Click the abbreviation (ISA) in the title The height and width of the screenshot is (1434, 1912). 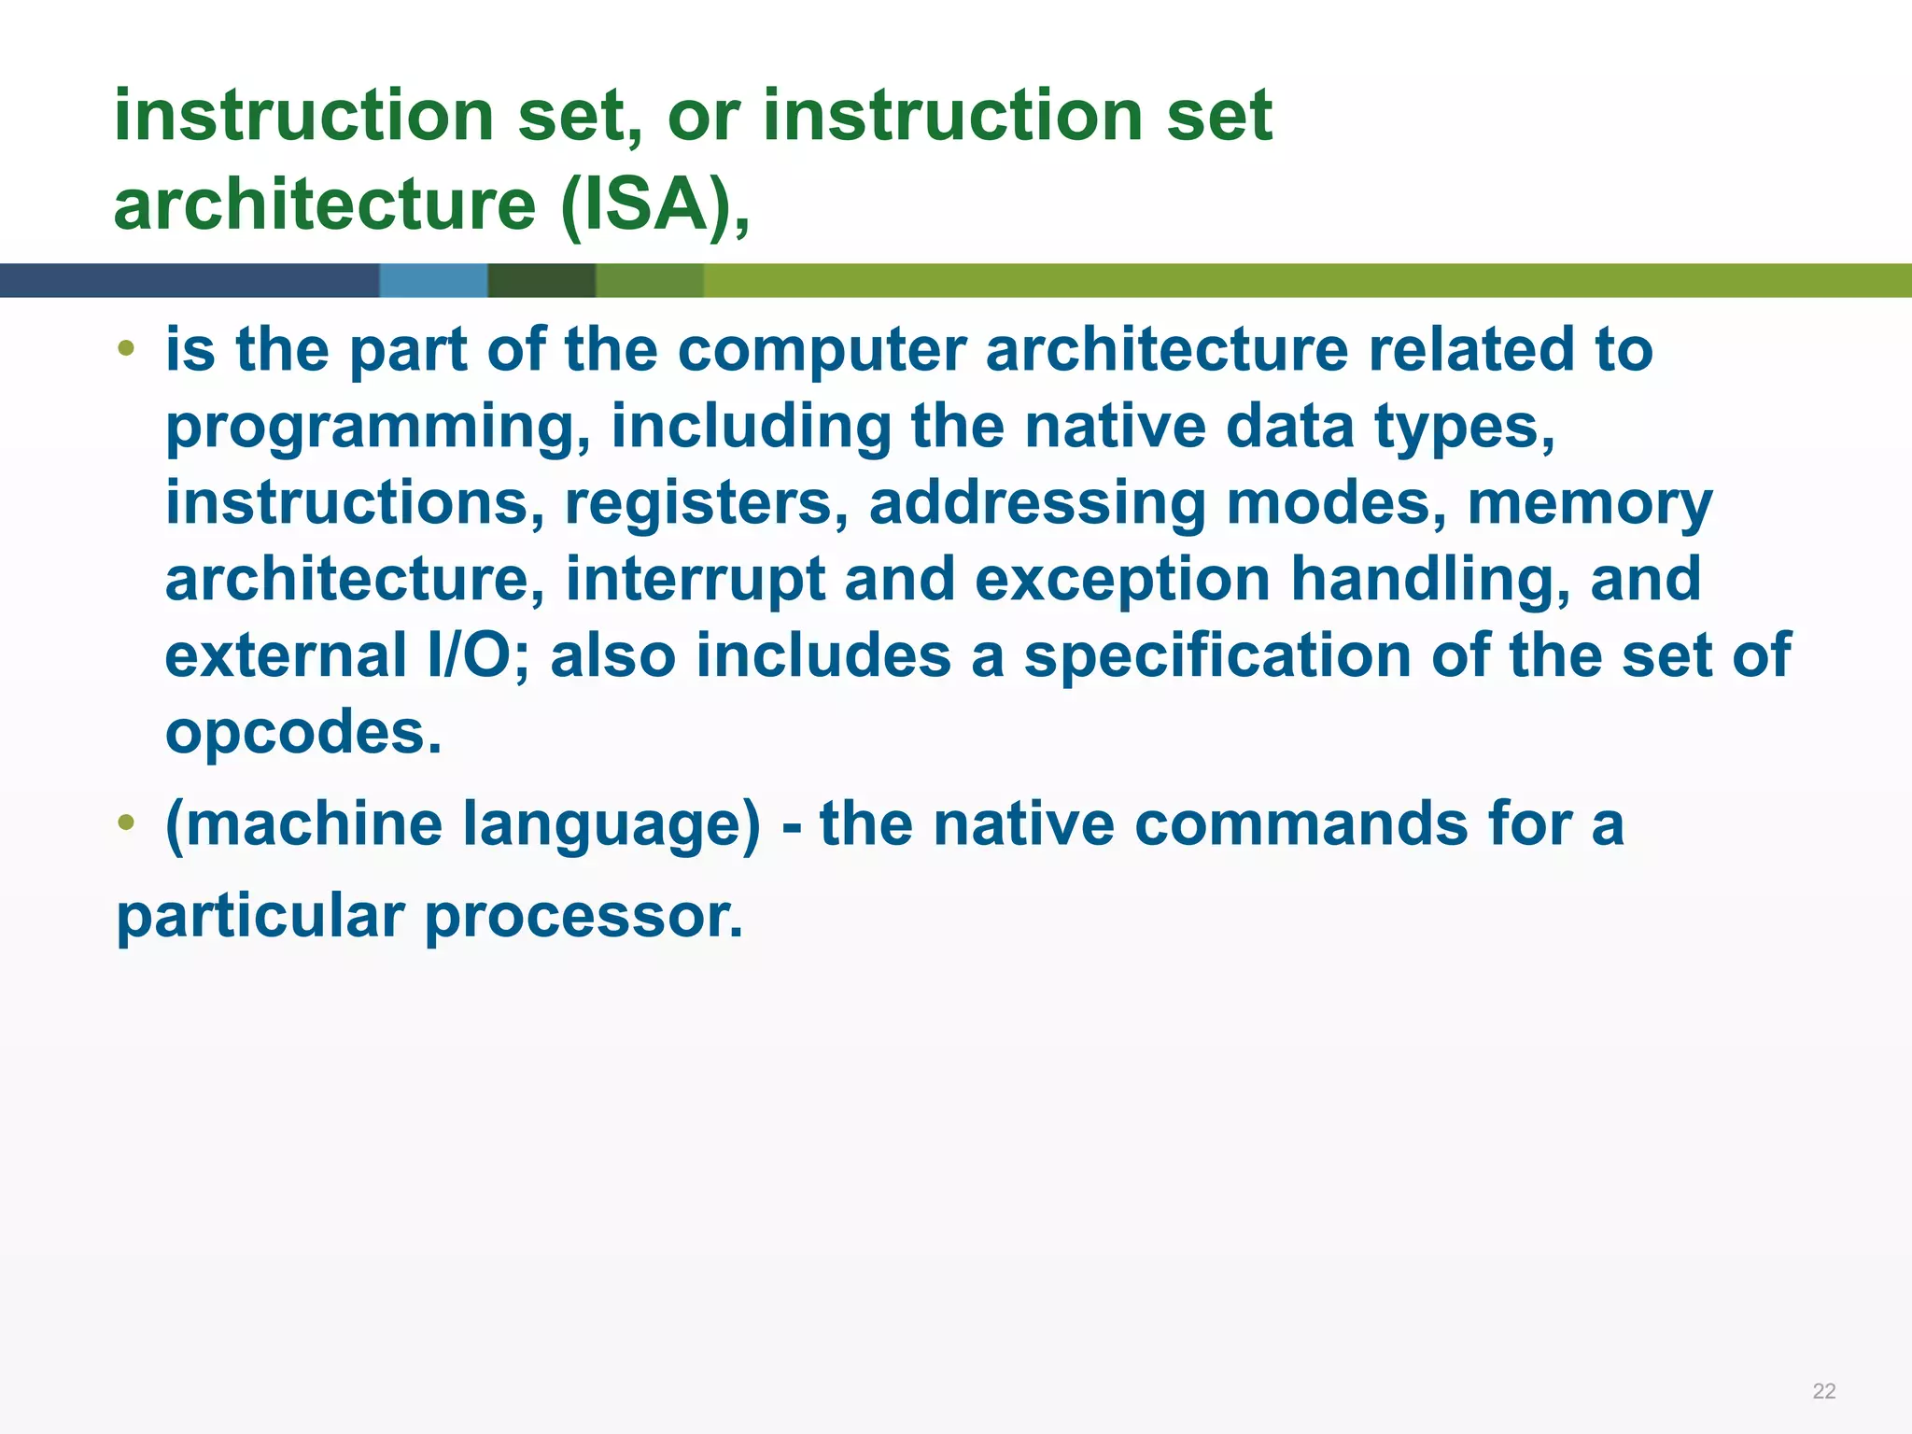pos(654,204)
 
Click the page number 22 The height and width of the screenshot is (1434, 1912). pos(1823,1391)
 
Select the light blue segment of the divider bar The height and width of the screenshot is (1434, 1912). pos(433,280)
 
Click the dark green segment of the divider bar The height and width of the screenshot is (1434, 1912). pos(541,280)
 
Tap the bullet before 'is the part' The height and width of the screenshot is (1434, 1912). pos(126,350)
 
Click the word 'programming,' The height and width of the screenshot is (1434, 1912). pos(378,428)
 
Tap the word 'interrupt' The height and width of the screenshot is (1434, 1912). pos(695,580)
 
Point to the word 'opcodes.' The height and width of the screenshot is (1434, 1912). pos(303,733)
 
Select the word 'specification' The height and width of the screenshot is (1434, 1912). pos(1217,655)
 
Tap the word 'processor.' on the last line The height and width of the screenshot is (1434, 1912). pos(583,917)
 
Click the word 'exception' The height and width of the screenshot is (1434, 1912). pos(1122,580)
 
